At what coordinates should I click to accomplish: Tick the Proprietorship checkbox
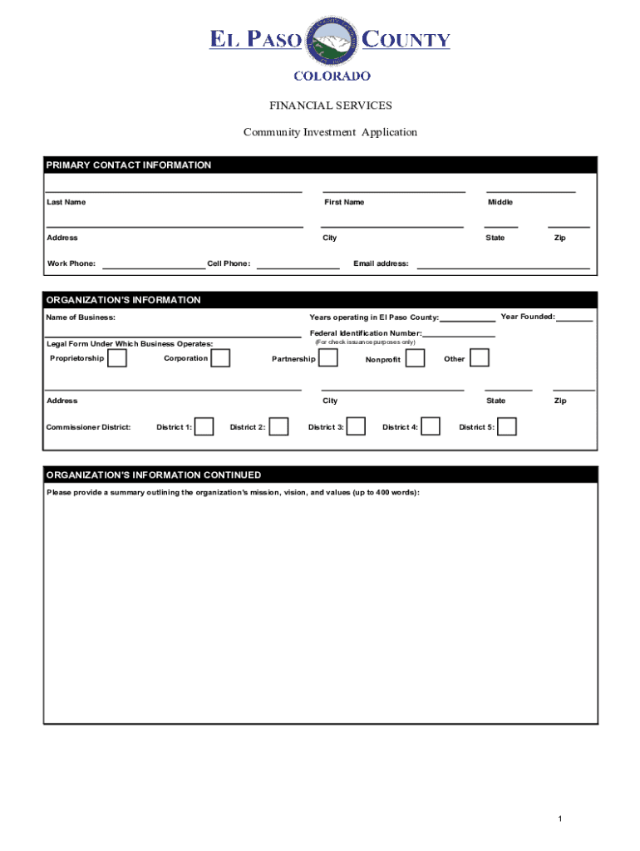(117, 358)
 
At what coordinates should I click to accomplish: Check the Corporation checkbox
(220, 358)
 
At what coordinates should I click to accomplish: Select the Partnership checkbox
(328, 358)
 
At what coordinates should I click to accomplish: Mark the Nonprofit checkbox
(415, 358)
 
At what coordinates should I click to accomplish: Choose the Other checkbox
(480, 358)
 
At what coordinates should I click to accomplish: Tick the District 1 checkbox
(204, 426)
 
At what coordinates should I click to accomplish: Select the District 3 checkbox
(356, 426)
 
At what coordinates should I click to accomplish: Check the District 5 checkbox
(507, 426)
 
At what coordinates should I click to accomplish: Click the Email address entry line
(503, 268)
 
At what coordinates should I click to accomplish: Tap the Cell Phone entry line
(298, 268)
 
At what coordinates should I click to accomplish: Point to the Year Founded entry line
(574, 319)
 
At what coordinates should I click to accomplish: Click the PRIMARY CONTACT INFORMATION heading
(129, 165)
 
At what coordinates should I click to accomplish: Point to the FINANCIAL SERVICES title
(330, 106)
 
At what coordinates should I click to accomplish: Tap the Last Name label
(66, 203)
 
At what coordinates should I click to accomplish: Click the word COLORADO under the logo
(332, 76)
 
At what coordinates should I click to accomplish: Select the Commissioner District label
(88, 427)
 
